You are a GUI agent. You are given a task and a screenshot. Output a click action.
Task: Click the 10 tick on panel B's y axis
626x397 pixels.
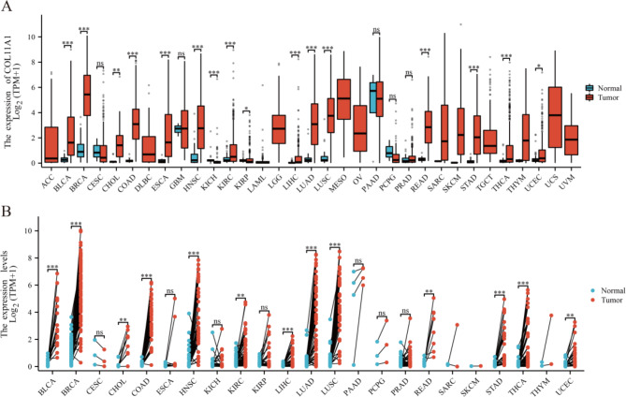[x=28, y=230]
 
